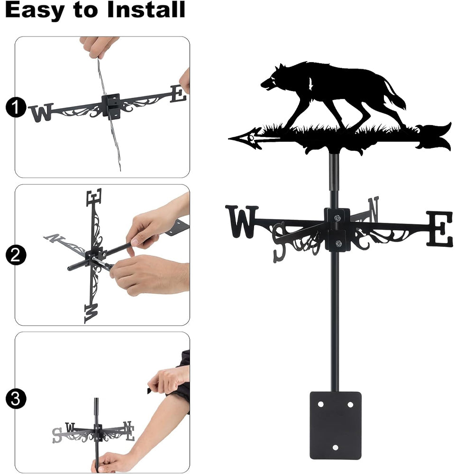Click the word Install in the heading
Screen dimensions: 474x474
pos(146,9)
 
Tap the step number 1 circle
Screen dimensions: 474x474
pos(16,107)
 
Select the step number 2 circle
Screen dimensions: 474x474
pos(16,255)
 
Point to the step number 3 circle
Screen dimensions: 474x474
pos(16,399)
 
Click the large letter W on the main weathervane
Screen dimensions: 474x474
pos(242,221)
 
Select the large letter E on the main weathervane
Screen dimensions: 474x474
pos(440,228)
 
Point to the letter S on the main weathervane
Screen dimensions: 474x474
pos(279,242)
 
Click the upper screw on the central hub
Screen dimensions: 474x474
pos(337,218)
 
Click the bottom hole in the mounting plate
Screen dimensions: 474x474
pos(335,447)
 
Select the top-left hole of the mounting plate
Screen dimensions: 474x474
pos(320,404)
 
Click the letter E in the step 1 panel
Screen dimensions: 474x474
pos(178,94)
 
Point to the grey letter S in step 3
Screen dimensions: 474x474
pos(57,435)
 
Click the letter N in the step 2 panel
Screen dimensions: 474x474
pos(54,238)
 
